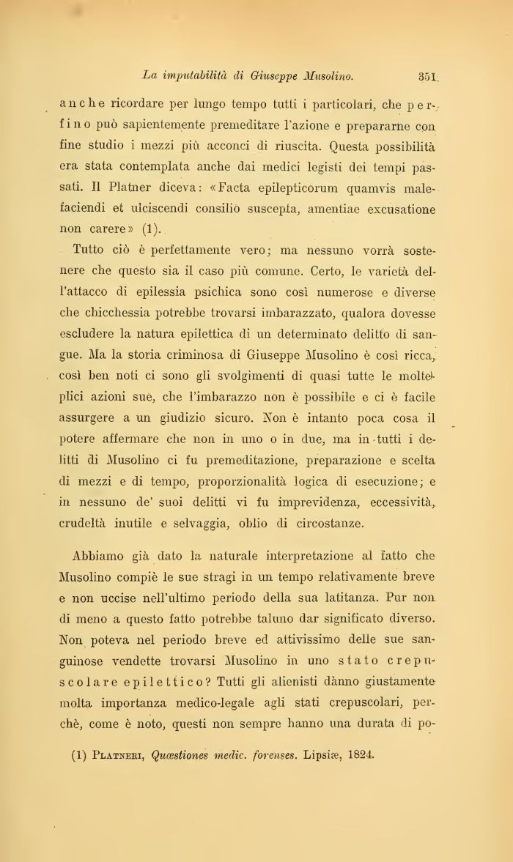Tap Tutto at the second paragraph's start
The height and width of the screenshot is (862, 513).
[92, 250]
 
